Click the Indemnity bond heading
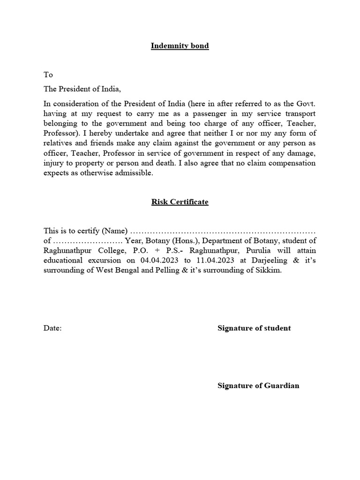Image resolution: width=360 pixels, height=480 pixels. tap(180, 46)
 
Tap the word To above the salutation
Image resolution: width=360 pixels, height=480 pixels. tap(48, 75)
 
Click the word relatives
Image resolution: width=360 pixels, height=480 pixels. tap(60, 143)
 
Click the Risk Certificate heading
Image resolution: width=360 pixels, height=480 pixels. tap(180, 202)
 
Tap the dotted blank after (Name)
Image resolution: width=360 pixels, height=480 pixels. tap(223, 231)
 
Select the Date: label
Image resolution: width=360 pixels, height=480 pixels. tap(52, 328)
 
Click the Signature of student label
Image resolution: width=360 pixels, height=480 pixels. tap(254, 328)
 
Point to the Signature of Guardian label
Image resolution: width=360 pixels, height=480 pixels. tap(258, 386)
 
